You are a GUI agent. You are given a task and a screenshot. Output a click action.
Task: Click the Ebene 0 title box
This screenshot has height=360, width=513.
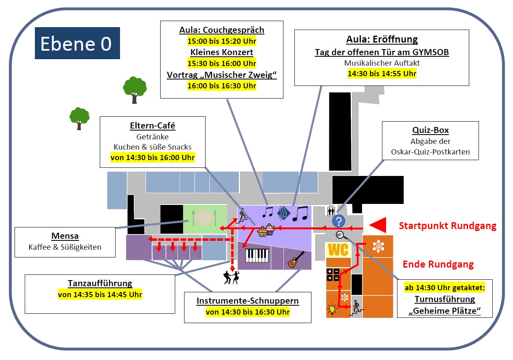[x=77, y=43]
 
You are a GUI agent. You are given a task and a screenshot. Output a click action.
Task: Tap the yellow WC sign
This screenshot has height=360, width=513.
[x=338, y=250]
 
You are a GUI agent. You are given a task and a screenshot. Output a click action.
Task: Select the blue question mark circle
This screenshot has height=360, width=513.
[x=339, y=221]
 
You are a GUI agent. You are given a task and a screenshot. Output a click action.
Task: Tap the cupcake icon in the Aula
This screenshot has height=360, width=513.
[x=266, y=231]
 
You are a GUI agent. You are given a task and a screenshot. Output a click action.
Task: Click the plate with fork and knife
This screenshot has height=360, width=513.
[x=204, y=218]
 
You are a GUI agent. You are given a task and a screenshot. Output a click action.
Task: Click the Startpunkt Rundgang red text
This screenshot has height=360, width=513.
[x=447, y=226]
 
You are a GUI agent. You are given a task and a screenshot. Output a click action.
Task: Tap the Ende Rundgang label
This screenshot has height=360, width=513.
[x=438, y=265]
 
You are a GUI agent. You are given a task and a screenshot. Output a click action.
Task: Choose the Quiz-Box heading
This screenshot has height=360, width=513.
[x=430, y=131]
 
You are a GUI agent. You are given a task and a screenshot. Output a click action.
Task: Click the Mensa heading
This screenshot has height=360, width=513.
[x=65, y=236]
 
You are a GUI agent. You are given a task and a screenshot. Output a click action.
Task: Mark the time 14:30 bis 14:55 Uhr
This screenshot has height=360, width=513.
[x=382, y=73]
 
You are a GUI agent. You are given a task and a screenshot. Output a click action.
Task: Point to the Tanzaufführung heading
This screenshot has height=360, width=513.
[x=100, y=283]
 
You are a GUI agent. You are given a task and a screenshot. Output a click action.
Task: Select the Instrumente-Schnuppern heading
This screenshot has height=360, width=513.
[x=247, y=301]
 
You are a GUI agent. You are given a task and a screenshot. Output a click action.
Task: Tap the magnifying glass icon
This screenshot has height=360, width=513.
[x=340, y=235]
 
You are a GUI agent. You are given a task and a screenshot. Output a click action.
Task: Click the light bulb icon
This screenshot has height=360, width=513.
[x=333, y=309]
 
